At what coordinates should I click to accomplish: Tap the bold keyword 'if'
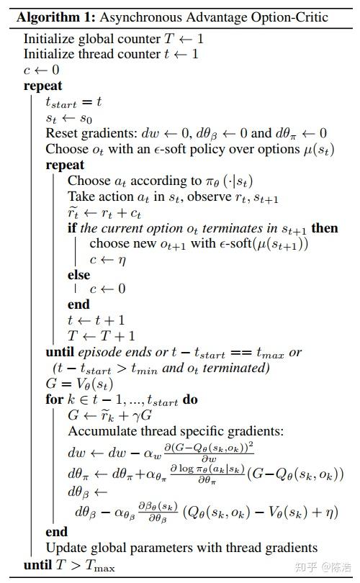[x=72, y=228]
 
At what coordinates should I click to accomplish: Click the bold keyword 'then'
[x=324, y=228]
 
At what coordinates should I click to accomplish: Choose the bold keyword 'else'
[x=79, y=274]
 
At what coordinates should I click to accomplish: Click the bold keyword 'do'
[x=190, y=399]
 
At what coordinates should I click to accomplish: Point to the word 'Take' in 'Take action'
[x=81, y=196]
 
